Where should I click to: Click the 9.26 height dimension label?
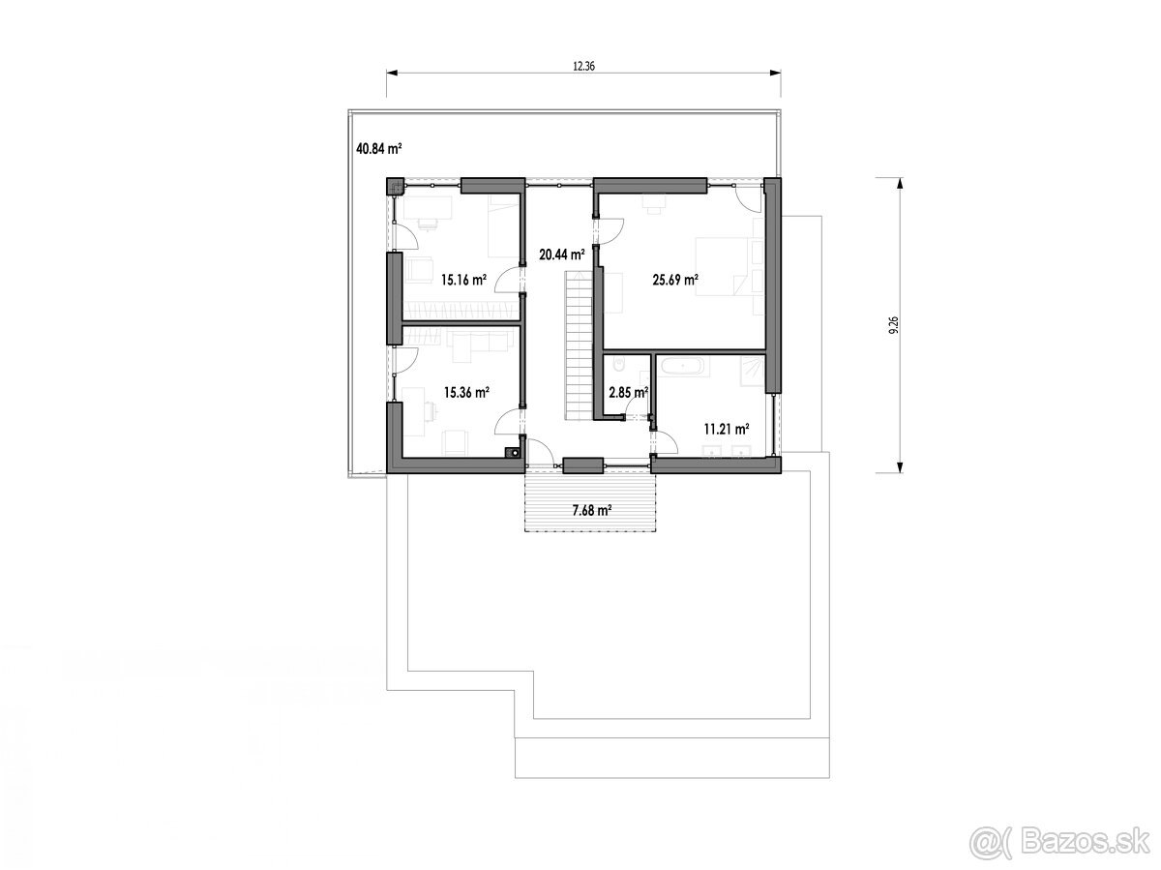tap(891, 324)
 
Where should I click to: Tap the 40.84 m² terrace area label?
tap(379, 149)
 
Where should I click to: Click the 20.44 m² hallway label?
tap(562, 255)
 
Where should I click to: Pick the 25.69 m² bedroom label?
tap(675, 281)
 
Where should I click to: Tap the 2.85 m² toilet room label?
tap(627, 392)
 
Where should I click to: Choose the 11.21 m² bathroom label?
tap(728, 427)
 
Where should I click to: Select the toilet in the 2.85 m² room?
tap(619, 366)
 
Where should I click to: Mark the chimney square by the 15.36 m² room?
tap(512, 450)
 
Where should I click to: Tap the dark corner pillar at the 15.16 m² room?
tap(395, 187)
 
